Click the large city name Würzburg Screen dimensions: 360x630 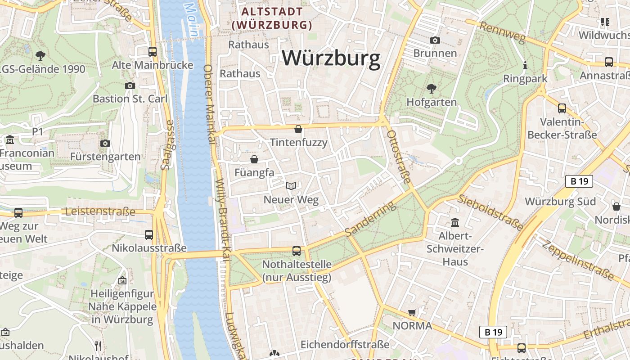331,59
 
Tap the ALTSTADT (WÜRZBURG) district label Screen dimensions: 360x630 272,18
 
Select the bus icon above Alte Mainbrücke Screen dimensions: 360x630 153,51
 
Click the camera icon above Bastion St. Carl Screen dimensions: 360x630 130,85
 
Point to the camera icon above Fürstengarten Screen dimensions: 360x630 105,143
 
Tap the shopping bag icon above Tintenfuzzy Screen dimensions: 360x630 298,130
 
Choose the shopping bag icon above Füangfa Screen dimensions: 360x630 254,159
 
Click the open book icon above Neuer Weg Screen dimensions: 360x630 291,186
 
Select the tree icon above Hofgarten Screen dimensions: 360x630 431,88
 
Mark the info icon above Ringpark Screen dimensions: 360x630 525,66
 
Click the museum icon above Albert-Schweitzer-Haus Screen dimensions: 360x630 455,222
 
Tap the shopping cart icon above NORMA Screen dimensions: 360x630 412,312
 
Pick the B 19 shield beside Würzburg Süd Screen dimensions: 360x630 579,181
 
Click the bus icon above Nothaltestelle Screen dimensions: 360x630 297,251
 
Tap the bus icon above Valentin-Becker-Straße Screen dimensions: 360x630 562,108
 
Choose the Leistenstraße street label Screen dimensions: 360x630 100,211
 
